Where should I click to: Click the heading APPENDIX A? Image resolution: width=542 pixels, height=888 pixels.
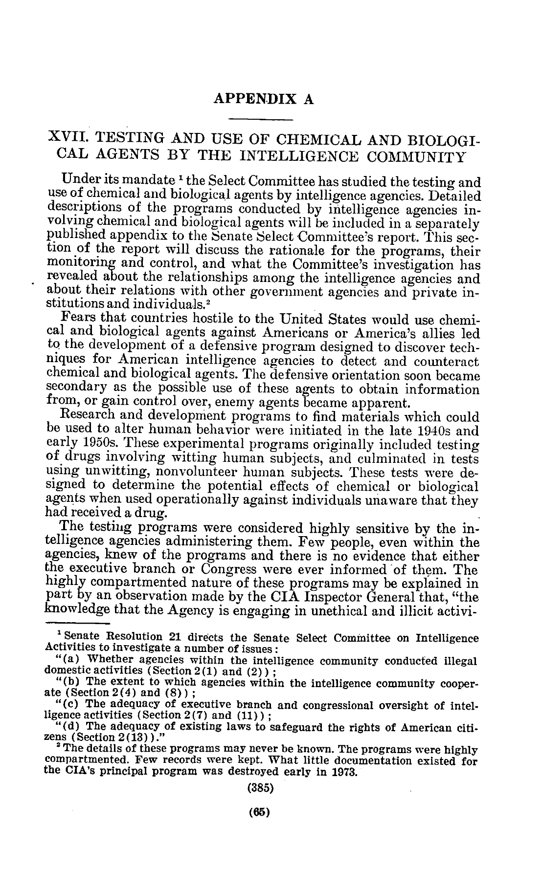(x=264, y=99)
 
